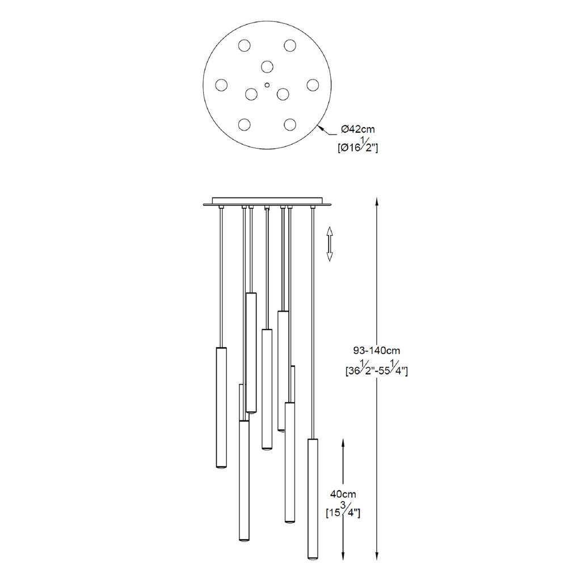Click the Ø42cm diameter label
click(357, 129)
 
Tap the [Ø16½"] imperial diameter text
click(357, 146)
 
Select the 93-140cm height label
click(377, 351)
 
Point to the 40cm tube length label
click(343, 494)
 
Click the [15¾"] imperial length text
click(343, 511)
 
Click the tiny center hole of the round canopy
click(267, 85)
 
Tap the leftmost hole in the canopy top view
click(221, 85)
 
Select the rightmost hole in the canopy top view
click(313, 85)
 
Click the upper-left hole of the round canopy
click(244, 45)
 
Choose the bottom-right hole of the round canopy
click(290, 124)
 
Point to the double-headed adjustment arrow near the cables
click(330, 244)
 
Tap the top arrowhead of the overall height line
click(377, 201)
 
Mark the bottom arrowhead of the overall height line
click(377, 556)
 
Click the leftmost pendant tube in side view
click(221, 407)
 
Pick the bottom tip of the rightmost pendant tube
click(313, 559)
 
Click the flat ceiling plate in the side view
click(267, 201)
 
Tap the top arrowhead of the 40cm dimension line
click(343, 443)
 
